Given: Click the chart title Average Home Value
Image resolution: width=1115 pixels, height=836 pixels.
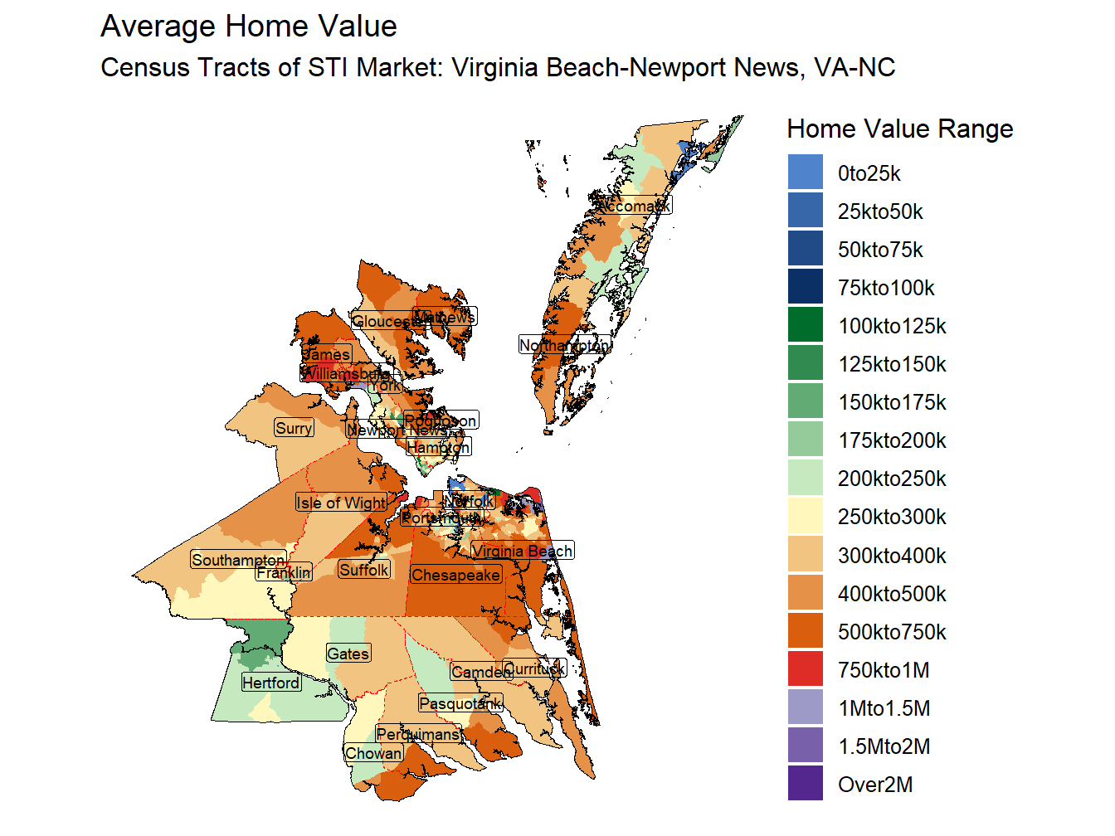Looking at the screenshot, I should [x=248, y=27].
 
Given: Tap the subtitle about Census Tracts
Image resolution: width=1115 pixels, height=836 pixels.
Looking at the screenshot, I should [x=498, y=67].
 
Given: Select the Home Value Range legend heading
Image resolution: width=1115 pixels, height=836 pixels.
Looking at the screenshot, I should [x=899, y=129].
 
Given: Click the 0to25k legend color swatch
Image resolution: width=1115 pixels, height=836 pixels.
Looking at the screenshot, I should [x=805, y=173].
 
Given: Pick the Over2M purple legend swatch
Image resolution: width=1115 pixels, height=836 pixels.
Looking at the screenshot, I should [x=805, y=784].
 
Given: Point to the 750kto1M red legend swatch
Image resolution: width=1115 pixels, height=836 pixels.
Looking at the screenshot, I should [x=805, y=669].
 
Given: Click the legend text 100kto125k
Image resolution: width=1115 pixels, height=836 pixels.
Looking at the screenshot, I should [x=892, y=326].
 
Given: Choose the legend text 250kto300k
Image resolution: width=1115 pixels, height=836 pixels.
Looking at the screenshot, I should [x=892, y=517].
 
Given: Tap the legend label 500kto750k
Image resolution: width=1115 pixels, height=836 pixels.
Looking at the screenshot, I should [x=892, y=632].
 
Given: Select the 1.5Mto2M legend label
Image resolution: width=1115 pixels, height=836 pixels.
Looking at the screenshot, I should [x=884, y=746].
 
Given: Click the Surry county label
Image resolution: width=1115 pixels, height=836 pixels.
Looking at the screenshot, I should [x=294, y=428].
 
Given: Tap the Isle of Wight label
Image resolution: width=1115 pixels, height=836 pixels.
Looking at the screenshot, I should [x=341, y=503].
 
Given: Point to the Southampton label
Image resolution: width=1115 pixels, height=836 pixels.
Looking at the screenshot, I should [x=238, y=560].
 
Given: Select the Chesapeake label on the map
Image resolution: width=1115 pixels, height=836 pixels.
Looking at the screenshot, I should [x=455, y=575].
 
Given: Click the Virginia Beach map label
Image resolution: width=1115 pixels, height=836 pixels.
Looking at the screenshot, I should [x=522, y=551].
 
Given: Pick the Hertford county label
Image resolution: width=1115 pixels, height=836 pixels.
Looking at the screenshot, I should [x=270, y=683].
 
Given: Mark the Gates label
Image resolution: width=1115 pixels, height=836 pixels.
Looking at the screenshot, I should [x=348, y=654].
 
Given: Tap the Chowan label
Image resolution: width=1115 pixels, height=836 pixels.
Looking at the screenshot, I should [x=373, y=753].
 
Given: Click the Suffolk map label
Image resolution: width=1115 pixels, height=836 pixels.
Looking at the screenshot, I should [x=363, y=570].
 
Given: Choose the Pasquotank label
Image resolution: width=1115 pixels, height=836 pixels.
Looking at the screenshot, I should [x=460, y=704].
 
